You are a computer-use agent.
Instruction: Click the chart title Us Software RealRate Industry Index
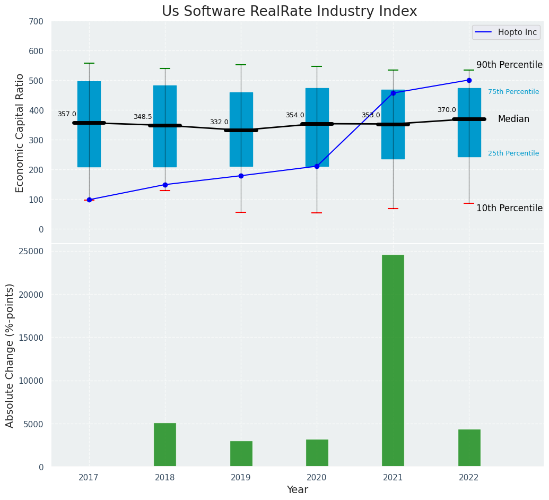coord(289,12)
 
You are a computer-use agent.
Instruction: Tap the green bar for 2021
coord(393,360)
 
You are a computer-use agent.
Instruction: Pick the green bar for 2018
coord(165,445)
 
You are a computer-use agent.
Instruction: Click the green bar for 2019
coord(241,454)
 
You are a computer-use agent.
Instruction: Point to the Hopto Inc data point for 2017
coord(89,200)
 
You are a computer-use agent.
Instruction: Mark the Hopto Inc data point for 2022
coord(469,80)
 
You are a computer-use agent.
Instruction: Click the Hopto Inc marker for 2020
coord(317,166)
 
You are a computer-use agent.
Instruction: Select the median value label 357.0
coord(67,114)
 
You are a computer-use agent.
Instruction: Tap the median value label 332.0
coord(219,122)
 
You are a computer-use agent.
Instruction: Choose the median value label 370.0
coord(447,110)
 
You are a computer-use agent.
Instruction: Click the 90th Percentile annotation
coord(509,65)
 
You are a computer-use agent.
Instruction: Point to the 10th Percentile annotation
coord(509,209)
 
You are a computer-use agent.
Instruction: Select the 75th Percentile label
coord(513,92)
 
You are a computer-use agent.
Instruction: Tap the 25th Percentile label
coord(513,153)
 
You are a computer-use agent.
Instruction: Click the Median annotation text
coord(513,119)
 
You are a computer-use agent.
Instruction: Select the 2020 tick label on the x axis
coord(317,478)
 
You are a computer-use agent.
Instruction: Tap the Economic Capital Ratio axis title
coord(20,133)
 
